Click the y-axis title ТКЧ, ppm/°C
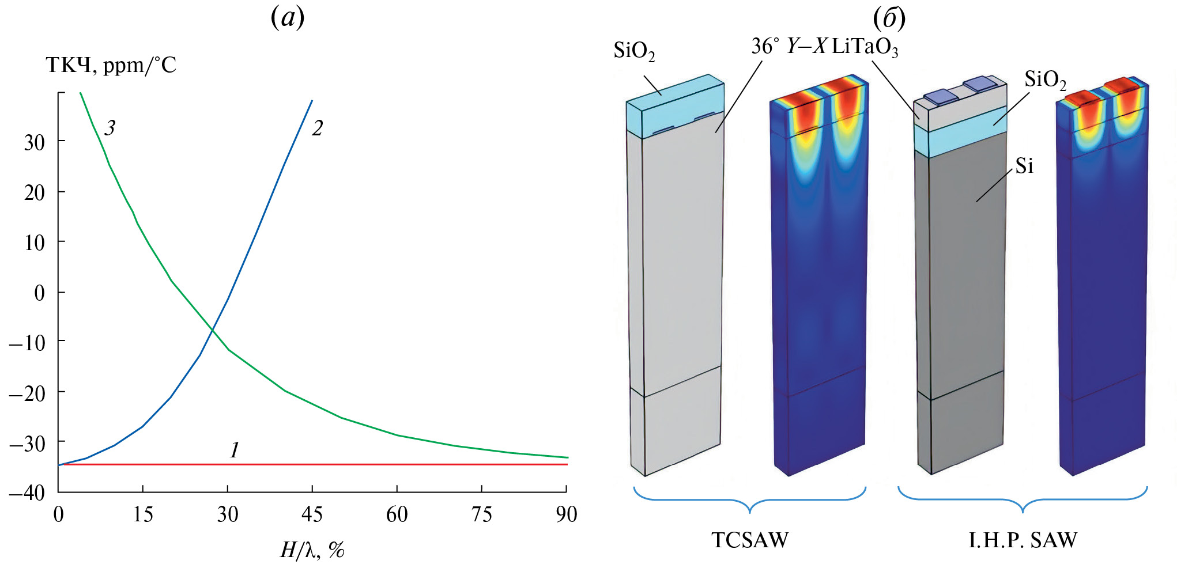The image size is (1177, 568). click(111, 65)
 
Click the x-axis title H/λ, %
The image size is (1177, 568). click(312, 550)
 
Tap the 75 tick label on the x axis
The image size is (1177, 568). click(481, 513)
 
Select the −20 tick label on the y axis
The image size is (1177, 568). click(27, 393)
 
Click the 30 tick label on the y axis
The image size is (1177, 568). click(34, 142)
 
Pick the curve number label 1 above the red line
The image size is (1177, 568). click(234, 450)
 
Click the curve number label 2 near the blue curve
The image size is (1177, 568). click(317, 128)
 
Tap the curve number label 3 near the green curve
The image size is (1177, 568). click(110, 127)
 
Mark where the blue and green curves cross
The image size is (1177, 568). click(212, 330)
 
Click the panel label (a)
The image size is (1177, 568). click(287, 18)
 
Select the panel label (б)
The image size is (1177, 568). click(889, 18)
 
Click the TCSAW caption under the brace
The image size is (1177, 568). click(749, 540)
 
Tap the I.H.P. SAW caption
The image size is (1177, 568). click(1023, 540)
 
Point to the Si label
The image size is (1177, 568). click(1024, 166)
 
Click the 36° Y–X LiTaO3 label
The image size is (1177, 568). click(824, 47)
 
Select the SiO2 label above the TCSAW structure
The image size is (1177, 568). click(634, 51)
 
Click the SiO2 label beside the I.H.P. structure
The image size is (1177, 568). click(1045, 79)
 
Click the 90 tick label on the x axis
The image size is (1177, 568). click(566, 513)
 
